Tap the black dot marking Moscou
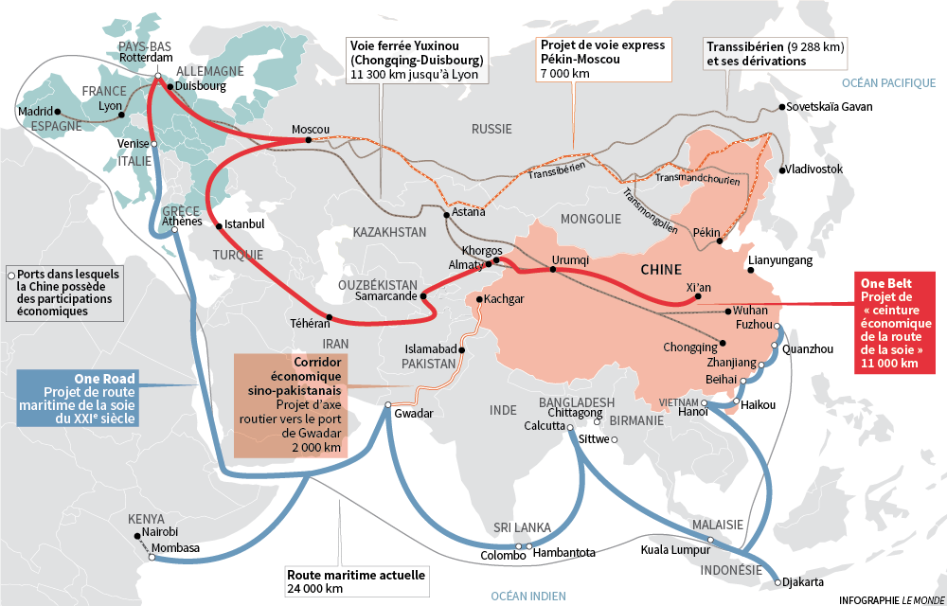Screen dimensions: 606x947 pyautogui.click(x=309, y=141)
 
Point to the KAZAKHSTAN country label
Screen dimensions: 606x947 pyautogui.click(x=390, y=232)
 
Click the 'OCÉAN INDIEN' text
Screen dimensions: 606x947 pyautogui.click(x=527, y=596)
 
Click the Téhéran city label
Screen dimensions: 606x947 pyautogui.click(x=310, y=323)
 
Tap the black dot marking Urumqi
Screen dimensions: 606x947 pyautogui.click(x=552, y=271)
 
